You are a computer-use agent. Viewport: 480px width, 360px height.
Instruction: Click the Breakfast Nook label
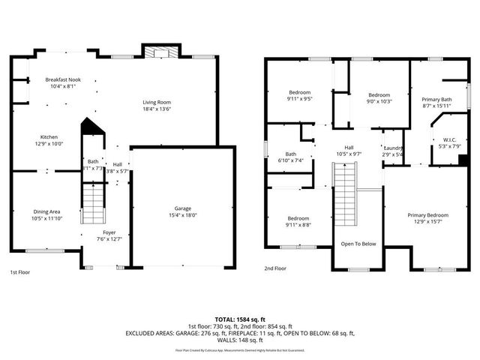click(x=62, y=79)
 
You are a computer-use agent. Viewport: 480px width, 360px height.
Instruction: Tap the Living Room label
click(x=157, y=102)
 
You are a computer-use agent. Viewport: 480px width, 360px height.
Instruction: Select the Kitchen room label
click(x=49, y=137)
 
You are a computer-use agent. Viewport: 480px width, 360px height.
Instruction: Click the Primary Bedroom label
click(x=425, y=216)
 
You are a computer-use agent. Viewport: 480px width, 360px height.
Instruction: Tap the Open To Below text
click(x=358, y=244)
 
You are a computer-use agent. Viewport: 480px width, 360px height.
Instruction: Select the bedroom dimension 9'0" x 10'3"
click(x=379, y=101)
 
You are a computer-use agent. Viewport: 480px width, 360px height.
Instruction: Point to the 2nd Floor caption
click(x=275, y=268)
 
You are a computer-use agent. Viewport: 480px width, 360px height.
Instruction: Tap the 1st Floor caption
click(x=21, y=271)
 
